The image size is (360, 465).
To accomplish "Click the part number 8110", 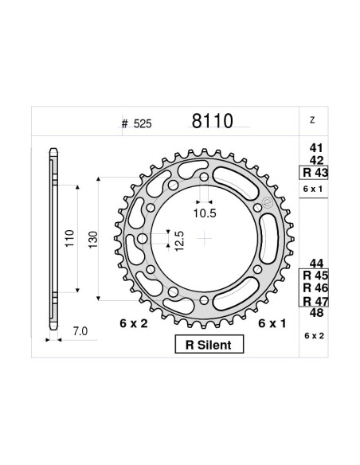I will (x=211, y=122).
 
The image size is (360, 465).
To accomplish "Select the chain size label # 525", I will (x=136, y=124).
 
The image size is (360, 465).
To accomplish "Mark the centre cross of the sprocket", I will (x=205, y=237).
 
